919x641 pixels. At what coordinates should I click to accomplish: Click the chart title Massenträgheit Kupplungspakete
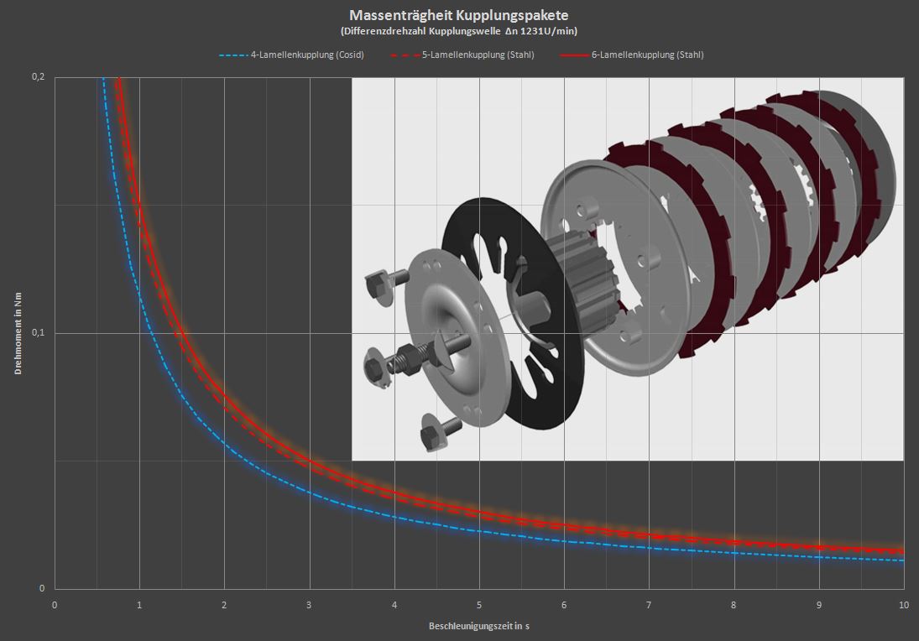[459, 15]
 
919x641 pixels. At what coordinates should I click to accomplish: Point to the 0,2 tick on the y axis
[37, 77]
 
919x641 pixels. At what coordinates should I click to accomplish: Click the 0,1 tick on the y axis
[37, 333]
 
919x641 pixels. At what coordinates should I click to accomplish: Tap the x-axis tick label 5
[478, 605]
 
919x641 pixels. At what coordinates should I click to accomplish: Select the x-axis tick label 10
[903, 605]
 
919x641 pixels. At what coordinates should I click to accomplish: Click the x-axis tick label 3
[309, 605]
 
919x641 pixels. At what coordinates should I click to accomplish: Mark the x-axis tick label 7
[649, 605]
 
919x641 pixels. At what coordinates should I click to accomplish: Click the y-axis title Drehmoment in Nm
[18, 333]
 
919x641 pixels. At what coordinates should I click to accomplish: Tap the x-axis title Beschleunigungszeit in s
[478, 626]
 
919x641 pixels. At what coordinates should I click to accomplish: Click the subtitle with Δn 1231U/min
[459, 31]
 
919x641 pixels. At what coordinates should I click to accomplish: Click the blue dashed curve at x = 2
[224, 442]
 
